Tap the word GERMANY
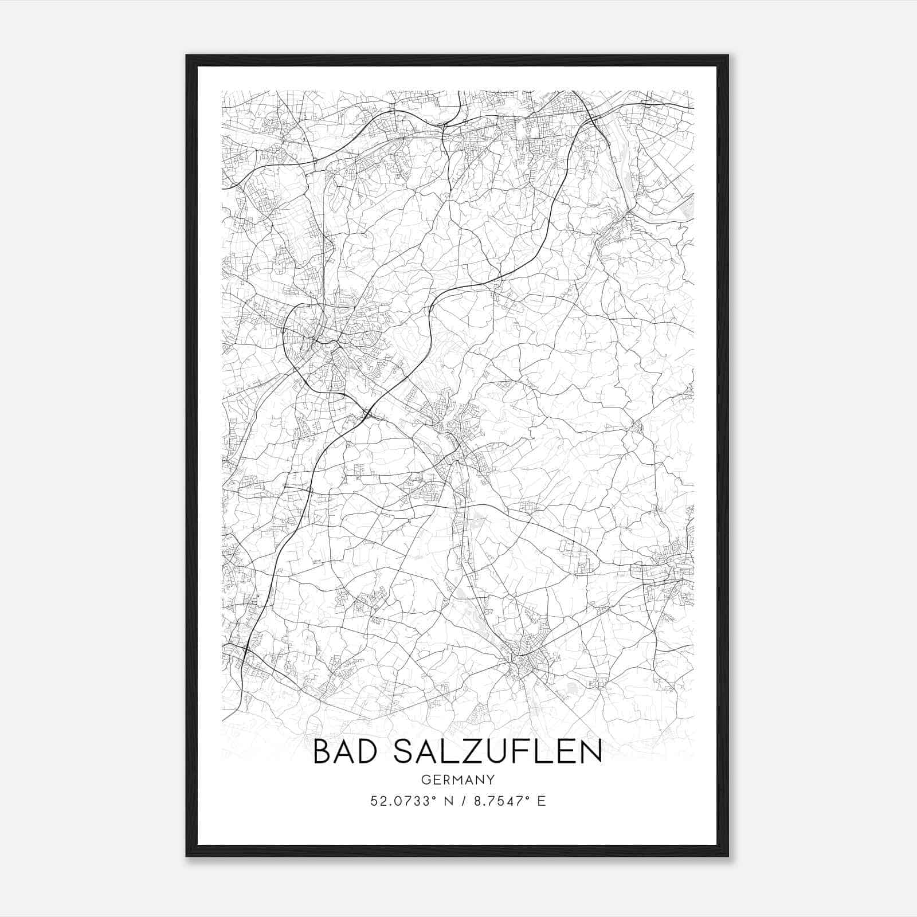[x=458, y=779]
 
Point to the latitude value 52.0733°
[x=400, y=801]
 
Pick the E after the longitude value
[x=542, y=801]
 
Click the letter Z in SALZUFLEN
[x=481, y=751]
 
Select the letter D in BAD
[x=373, y=751]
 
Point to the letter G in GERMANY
[x=425, y=779]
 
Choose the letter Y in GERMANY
[x=491, y=779]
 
